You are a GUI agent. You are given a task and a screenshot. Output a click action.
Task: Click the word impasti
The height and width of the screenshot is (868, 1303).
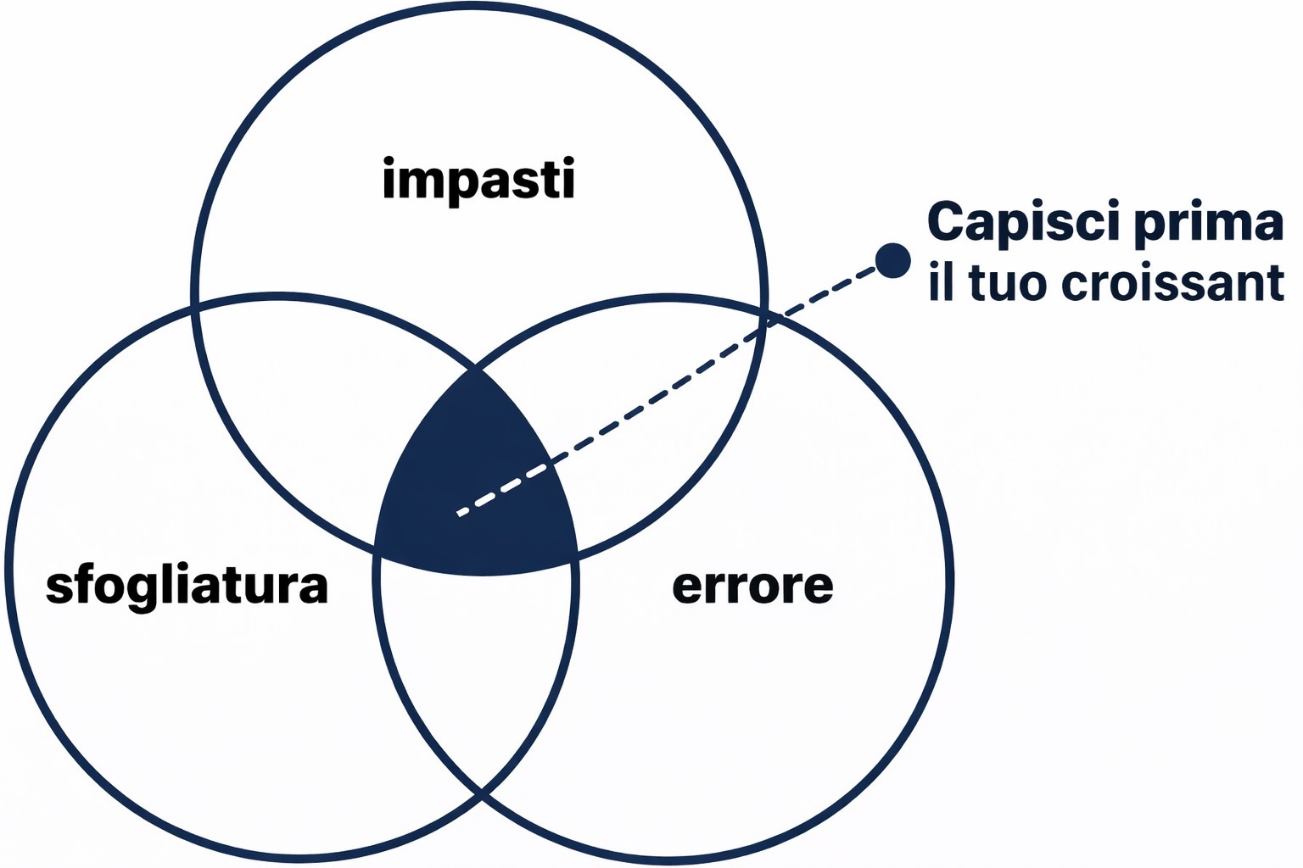coord(479,181)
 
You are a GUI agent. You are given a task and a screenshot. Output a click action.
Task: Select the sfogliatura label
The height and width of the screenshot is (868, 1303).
coord(187,587)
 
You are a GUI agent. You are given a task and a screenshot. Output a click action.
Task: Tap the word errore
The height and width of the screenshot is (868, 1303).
coord(752,586)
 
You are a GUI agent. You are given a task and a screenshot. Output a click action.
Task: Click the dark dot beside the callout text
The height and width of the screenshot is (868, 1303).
coord(892,260)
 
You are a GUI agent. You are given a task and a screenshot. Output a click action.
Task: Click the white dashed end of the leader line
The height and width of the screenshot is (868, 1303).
coord(461,512)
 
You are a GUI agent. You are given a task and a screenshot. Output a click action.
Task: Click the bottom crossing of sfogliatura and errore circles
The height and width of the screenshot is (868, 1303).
coord(481,793)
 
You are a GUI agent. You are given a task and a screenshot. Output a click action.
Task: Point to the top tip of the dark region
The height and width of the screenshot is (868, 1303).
coord(476,369)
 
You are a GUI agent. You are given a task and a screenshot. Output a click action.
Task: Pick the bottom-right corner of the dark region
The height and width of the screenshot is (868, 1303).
coord(577,555)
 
